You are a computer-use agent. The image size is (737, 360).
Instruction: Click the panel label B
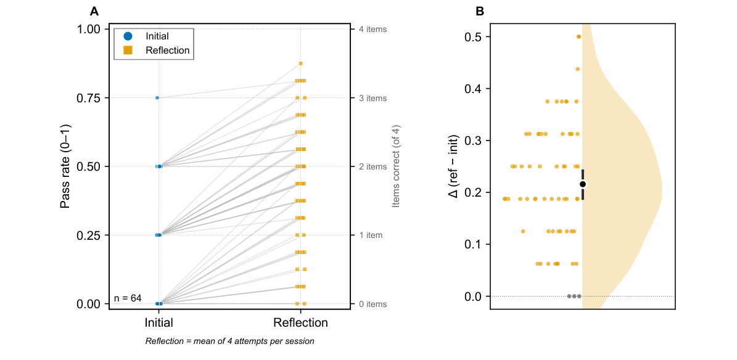[479, 11]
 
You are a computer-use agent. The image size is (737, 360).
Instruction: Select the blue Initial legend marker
[128, 36]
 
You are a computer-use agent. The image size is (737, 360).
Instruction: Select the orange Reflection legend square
[128, 51]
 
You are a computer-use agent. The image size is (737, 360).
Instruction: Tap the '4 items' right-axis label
[373, 30]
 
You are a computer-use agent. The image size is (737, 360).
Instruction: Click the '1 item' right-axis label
[371, 235]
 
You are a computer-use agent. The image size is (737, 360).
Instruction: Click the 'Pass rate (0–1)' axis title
[65, 166]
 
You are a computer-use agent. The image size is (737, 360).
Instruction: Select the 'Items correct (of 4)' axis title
[396, 166]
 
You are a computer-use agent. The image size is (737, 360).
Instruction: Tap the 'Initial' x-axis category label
[159, 322]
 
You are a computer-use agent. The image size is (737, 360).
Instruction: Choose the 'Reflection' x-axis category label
[300, 322]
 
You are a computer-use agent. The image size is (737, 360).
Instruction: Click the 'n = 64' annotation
[128, 298]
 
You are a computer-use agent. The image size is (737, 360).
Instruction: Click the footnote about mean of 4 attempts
[229, 342]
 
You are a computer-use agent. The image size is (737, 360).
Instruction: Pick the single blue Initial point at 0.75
[157, 97]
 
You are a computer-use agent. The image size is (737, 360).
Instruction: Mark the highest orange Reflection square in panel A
[300, 63]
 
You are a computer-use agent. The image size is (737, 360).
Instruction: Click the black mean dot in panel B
[583, 184]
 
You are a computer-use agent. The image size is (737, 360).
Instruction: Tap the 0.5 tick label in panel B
[472, 37]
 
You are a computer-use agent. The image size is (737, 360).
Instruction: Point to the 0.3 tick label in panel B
[472, 141]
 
